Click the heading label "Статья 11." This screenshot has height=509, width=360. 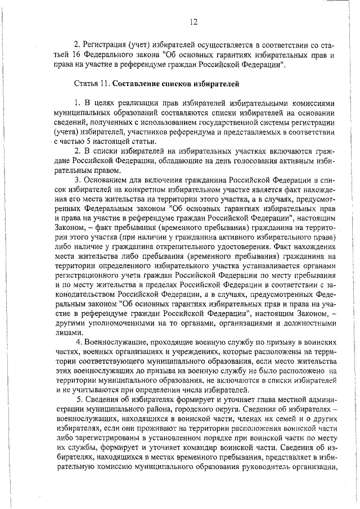(92, 84)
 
